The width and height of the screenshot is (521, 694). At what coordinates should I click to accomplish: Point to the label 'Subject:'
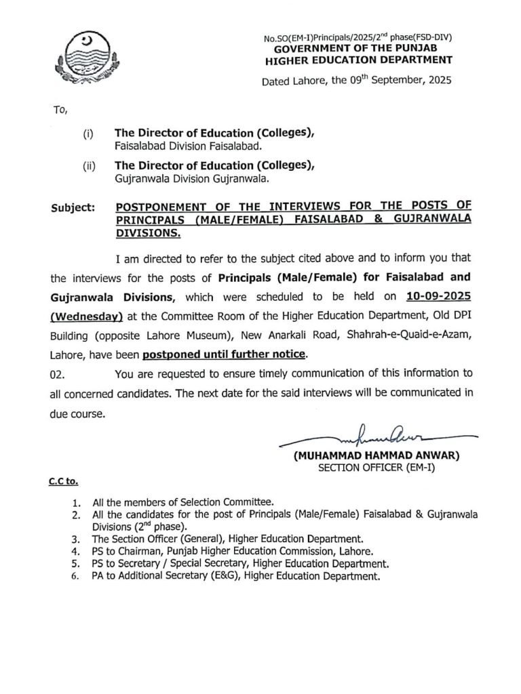pos(72,207)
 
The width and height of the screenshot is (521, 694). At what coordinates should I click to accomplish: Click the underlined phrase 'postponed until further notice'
pos(225,353)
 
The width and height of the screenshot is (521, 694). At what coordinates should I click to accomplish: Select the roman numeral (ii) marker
pos(88,165)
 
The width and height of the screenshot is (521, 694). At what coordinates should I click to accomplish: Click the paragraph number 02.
pos(59,373)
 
